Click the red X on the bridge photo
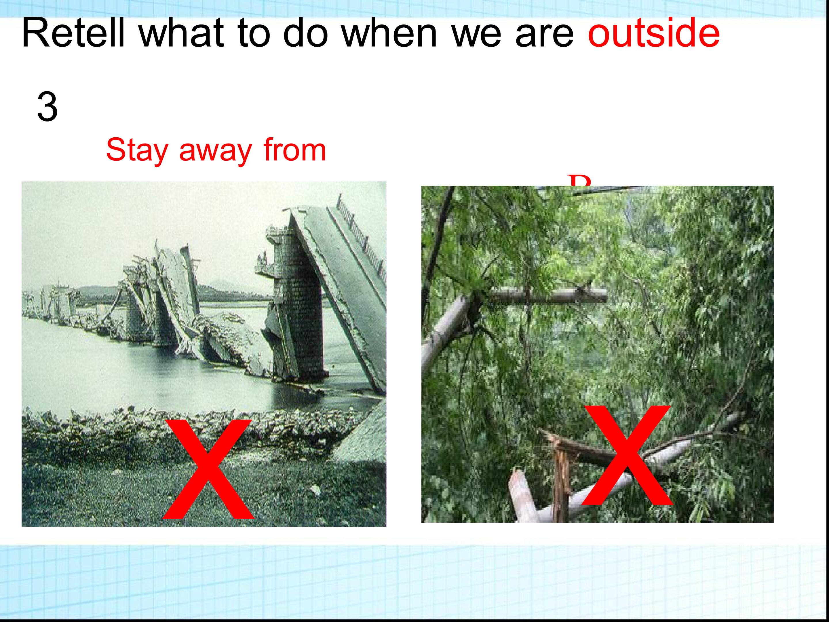pyautogui.click(x=208, y=471)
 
